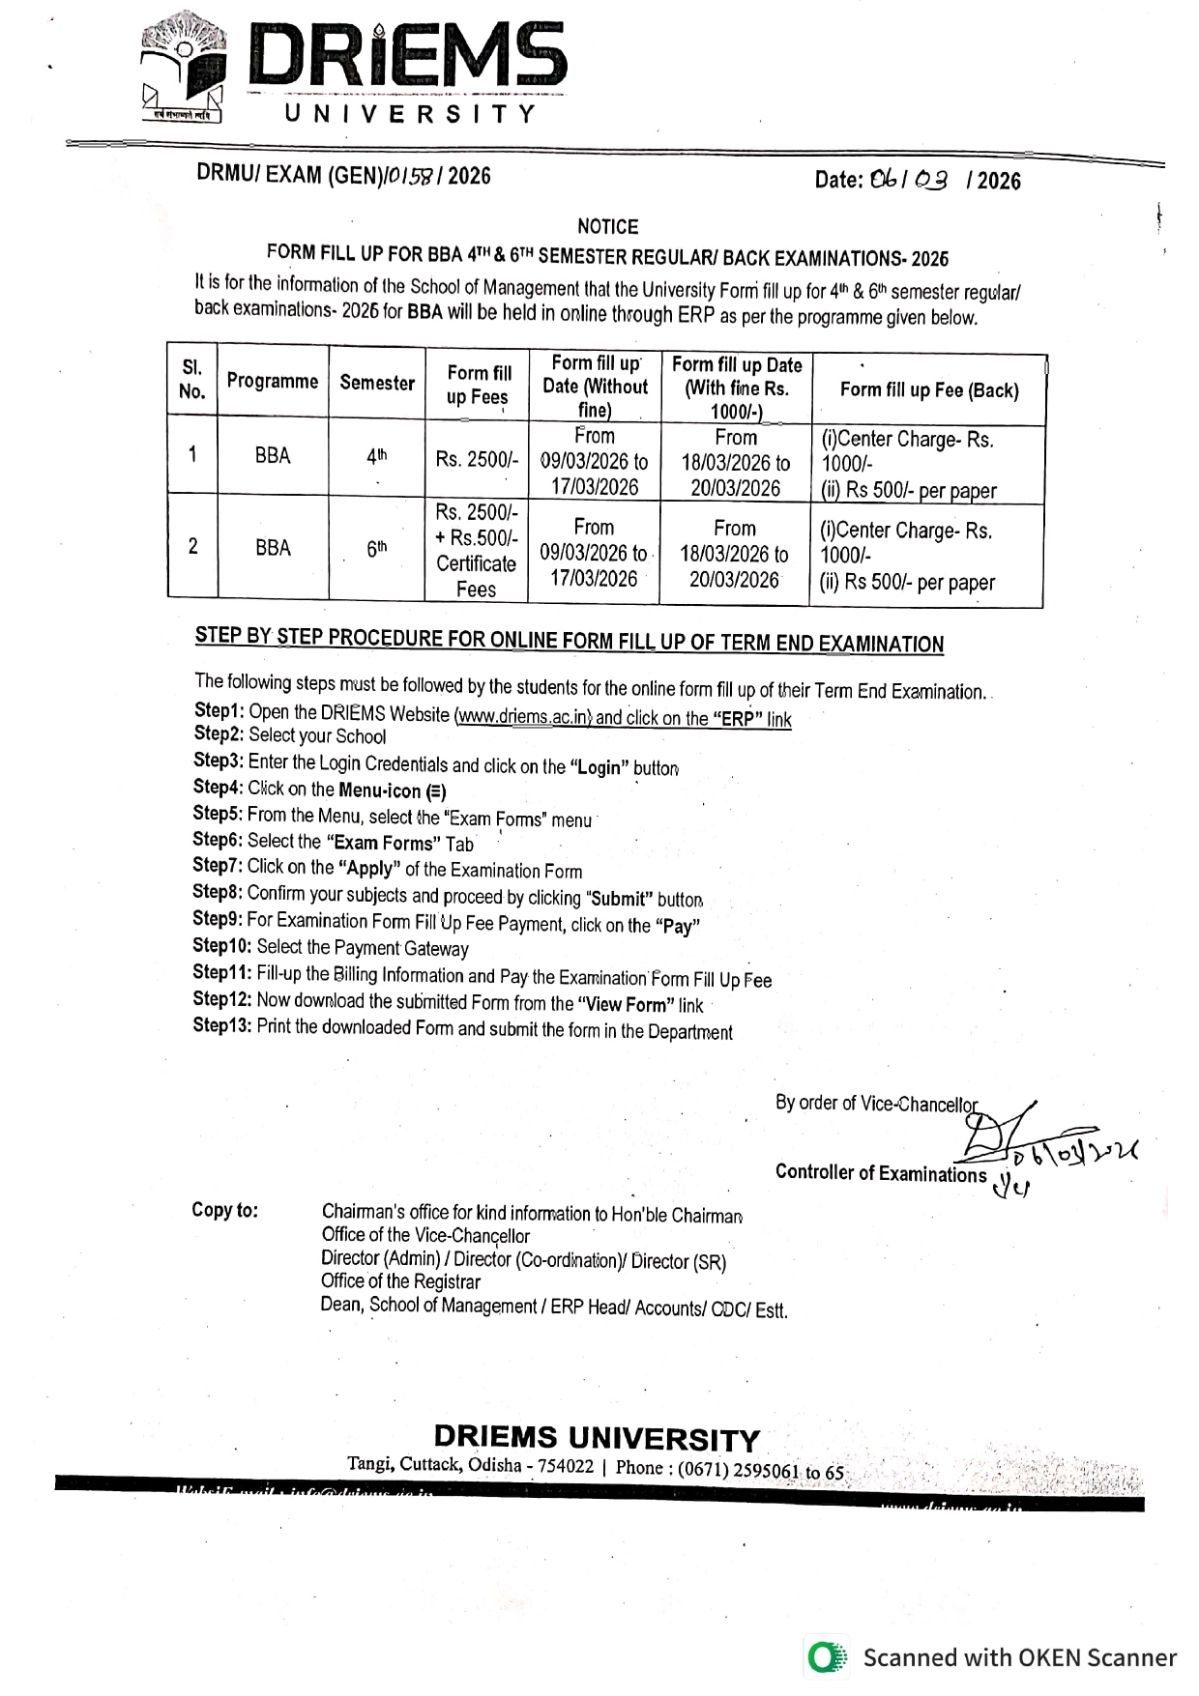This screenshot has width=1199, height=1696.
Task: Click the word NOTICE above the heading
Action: click(x=607, y=226)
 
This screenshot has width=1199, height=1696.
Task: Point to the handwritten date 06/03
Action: click(x=908, y=180)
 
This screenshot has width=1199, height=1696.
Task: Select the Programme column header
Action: click(x=272, y=381)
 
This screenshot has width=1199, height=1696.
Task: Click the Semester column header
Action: click(x=376, y=383)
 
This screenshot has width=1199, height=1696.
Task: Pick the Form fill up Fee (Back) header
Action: click(x=928, y=390)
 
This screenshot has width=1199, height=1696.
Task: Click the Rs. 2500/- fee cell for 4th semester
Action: click(x=477, y=459)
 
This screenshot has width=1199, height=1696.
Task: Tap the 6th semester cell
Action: click(x=376, y=549)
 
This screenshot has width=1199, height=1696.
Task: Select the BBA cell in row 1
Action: click(x=273, y=455)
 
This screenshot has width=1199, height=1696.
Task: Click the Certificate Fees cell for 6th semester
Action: click(x=477, y=551)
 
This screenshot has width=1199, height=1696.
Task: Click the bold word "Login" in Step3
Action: click(x=599, y=767)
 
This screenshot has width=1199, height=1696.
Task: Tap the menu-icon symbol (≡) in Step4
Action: click(x=437, y=791)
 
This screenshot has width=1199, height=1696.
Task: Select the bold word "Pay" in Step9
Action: click(x=677, y=926)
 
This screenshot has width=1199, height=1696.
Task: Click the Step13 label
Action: click(x=221, y=1025)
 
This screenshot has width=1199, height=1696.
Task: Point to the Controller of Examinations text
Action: click(x=880, y=1173)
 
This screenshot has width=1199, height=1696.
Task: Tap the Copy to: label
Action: click(x=224, y=1210)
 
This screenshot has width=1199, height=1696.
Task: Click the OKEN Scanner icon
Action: click(x=826, y=1657)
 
